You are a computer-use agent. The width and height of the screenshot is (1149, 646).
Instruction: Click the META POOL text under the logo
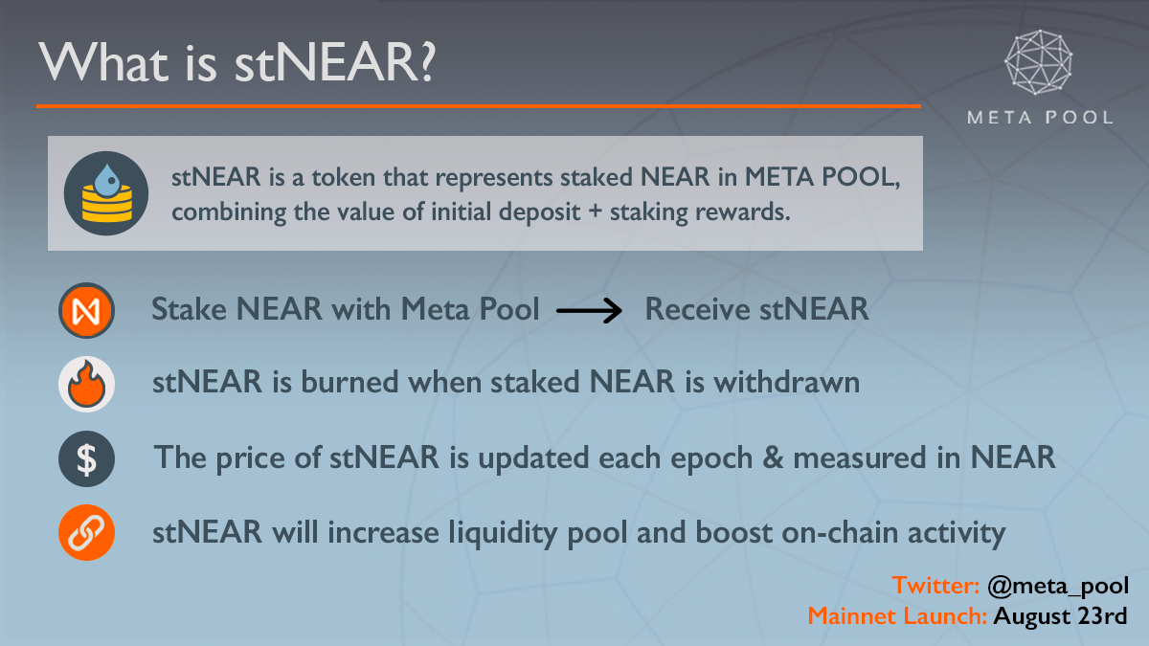pyautogui.click(x=1040, y=118)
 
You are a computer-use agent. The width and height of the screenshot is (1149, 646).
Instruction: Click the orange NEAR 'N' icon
pyautogui.click(x=86, y=310)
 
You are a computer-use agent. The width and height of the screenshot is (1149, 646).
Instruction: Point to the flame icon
pyautogui.click(x=86, y=384)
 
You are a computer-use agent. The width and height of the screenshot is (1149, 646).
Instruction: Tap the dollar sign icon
pyautogui.click(x=86, y=458)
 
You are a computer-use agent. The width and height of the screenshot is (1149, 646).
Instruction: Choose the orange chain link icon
pyautogui.click(x=86, y=533)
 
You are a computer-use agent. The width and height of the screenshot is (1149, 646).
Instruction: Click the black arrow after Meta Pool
pyautogui.click(x=589, y=310)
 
